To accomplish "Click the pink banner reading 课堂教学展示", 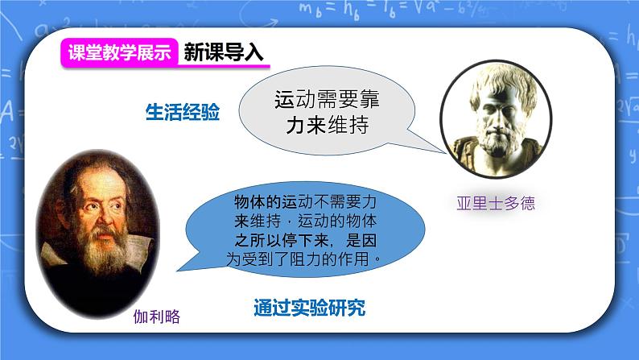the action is (x=119, y=52).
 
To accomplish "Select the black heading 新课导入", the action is (x=223, y=52).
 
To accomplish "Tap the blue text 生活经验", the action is (x=183, y=112).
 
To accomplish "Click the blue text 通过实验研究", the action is (x=310, y=308).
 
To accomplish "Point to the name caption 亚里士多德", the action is (x=496, y=203).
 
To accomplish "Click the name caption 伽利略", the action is (x=157, y=317).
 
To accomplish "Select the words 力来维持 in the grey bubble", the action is (x=328, y=125).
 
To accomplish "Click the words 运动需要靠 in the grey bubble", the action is (x=328, y=100).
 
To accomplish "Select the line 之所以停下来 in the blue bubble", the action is (x=282, y=241).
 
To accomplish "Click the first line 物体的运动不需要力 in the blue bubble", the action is (x=305, y=202).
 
